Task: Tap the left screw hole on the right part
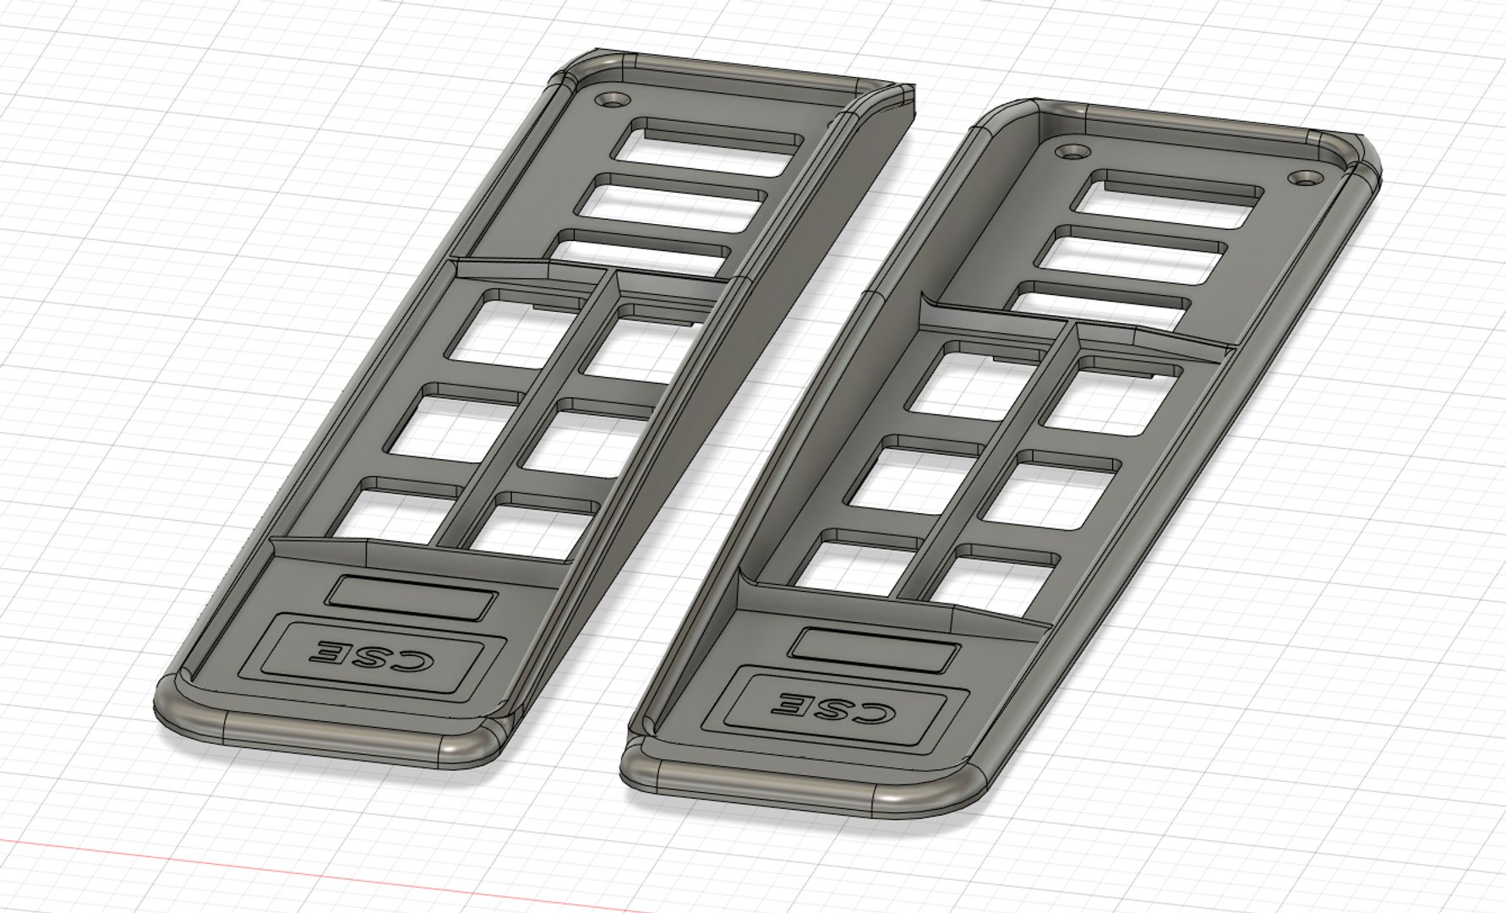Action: [1073, 153]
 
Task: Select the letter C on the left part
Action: [427, 660]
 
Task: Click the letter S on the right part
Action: [834, 707]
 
